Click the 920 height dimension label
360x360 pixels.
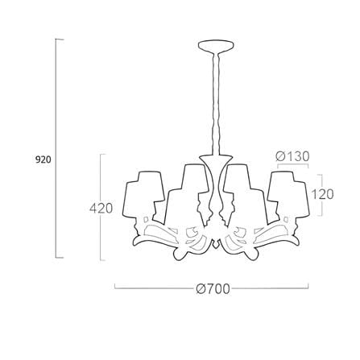(43, 159)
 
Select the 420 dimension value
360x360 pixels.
(101, 208)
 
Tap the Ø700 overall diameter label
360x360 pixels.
(213, 289)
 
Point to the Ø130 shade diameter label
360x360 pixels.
(292, 156)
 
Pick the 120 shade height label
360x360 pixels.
(322, 194)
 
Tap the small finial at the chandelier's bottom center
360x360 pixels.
(216, 244)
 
